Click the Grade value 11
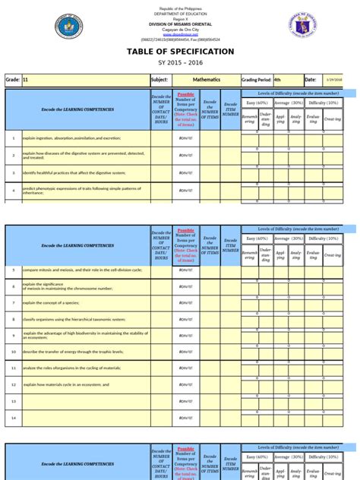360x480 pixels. [x=27, y=79]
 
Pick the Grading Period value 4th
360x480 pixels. [x=278, y=79]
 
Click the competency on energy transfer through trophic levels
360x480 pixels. [x=68, y=352]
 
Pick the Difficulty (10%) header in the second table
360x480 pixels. [x=323, y=238]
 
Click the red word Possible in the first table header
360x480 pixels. [x=185, y=94]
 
